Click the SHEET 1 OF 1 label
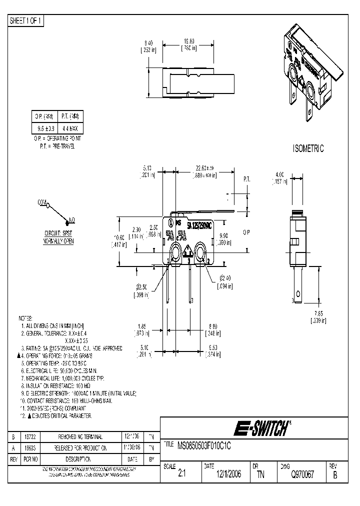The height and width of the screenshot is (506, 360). pos(26,20)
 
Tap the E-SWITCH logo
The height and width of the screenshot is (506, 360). pos(262,428)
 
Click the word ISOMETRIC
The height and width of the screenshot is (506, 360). pos(307,148)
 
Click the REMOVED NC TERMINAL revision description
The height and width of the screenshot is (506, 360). pos(81,436)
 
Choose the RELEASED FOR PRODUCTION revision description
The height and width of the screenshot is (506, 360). pos(81,447)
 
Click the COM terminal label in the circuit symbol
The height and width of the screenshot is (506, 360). pos(41,202)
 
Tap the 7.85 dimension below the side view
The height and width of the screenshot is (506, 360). pos(318,314)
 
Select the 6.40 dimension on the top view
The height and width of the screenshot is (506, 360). pos(147,43)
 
